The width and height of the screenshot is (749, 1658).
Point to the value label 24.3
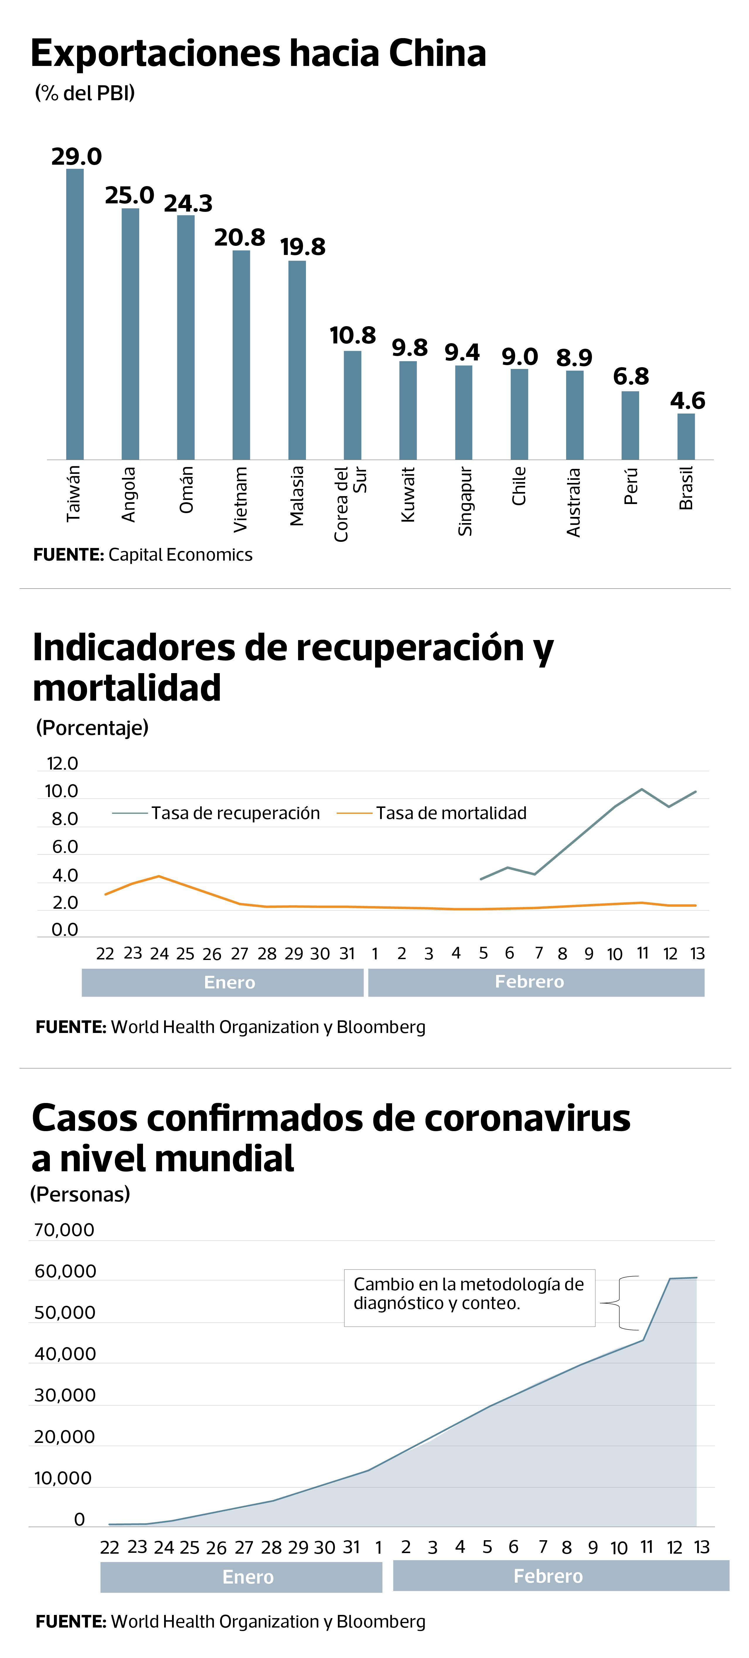point(188,203)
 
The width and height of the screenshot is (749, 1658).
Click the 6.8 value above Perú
point(631,377)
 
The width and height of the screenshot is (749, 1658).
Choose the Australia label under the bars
point(573,502)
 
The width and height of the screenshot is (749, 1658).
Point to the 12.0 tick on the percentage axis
point(62,763)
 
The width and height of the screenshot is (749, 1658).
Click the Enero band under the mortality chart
point(223,982)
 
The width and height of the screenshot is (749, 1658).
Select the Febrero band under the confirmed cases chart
point(561,1576)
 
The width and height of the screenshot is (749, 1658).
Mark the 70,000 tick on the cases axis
point(64,1230)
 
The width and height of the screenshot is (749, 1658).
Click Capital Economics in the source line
point(180,555)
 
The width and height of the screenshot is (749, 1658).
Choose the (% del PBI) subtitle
point(85,93)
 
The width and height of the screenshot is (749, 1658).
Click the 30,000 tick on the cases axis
point(64,1395)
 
